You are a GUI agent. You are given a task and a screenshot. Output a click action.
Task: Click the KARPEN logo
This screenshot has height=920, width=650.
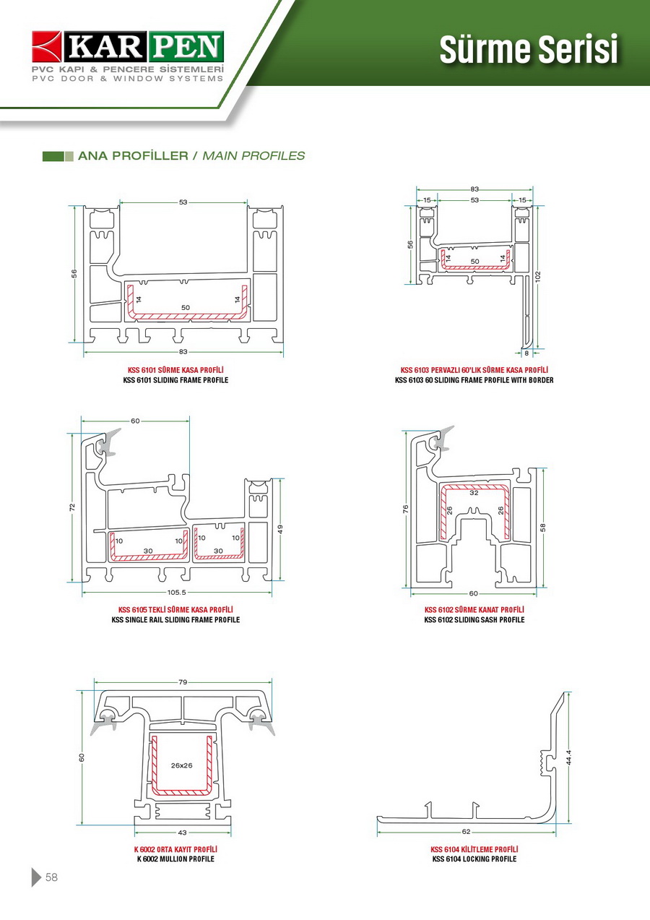[x=128, y=48]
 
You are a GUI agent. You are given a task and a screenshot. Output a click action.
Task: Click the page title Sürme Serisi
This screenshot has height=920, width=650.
[x=529, y=50]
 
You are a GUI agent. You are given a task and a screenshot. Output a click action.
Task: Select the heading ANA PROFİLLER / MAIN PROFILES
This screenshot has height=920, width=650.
[x=191, y=156]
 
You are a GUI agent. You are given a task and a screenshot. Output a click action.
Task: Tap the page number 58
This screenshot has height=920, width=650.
[x=51, y=877]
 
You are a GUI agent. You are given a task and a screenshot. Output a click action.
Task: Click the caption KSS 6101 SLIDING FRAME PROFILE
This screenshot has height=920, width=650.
[x=175, y=380]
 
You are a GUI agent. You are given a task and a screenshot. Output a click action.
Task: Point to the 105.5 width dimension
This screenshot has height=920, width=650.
[x=177, y=593]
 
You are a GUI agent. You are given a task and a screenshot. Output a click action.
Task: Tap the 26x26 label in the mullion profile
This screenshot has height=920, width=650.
[x=182, y=765]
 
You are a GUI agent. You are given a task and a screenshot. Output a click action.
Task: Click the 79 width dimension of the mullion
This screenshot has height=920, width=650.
[x=183, y=682]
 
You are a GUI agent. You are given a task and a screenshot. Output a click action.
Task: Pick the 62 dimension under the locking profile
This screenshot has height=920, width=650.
[x=466, y=832]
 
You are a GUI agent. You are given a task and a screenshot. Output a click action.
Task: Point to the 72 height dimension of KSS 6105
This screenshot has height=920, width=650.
[x=72, y=507]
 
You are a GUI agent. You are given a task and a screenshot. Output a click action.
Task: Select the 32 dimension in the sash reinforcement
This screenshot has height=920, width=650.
[x=474, y=494]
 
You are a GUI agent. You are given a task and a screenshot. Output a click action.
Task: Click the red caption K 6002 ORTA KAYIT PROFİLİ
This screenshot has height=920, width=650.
[x=175, y=849]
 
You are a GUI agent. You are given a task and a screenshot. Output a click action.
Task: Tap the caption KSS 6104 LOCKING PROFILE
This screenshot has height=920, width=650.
[x=474, y=859]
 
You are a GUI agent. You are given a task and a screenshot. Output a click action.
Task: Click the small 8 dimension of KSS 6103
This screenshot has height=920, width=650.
[x=526, y=353]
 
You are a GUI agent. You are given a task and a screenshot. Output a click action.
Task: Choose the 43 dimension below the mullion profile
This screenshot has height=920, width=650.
[x=182, y=833]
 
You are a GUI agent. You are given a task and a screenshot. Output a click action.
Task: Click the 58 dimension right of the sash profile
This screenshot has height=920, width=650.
[x=543, y=527]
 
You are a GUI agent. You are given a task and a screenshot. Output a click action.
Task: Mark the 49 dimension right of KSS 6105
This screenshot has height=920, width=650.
[x=280, y=529]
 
